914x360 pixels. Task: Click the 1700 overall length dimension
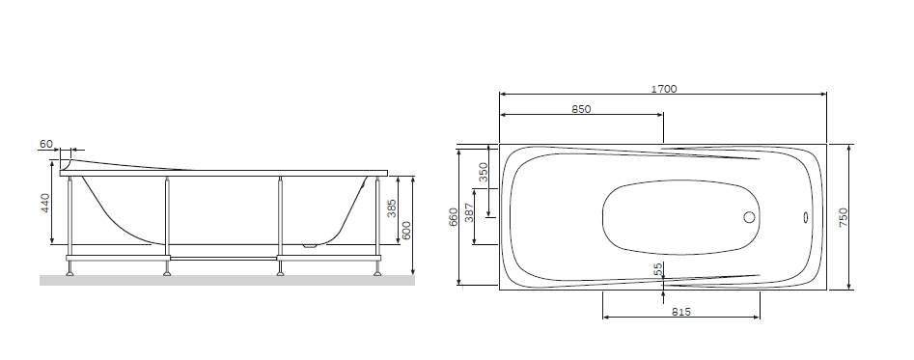(x=664, y=89)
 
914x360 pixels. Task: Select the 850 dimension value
(x=581, y=109)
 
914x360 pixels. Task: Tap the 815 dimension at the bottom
(x=680, y=312)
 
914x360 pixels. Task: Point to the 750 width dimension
(x=844, y=217)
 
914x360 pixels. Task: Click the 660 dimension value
(x=454, y=217)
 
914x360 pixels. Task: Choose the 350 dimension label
(x=484, y=173)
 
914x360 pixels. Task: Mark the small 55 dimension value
(x=658, y=269)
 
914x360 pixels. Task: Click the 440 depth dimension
(x=45, y=203)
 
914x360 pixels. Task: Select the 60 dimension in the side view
(x=46, y=144)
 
